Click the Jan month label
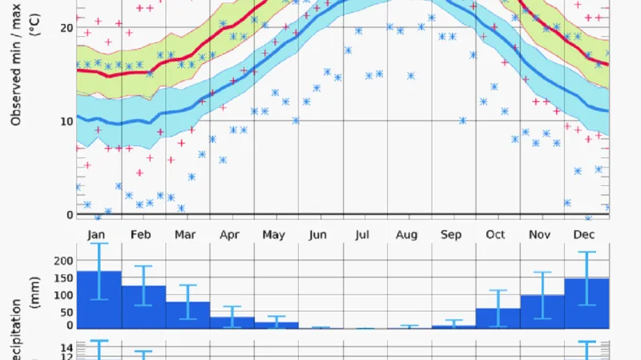tap(97, 234)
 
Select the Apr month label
tap(230, 234)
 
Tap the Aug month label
tap(407, 234)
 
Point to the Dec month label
tap(584, 234)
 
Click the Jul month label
tap(362, 234)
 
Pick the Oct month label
tap(495, 234)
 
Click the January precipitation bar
tap(99, 300)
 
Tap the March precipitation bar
tap(187, 315)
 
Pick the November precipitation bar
tap(542, 312)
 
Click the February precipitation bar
tap(143, 307)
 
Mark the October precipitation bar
tap(498, 318)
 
